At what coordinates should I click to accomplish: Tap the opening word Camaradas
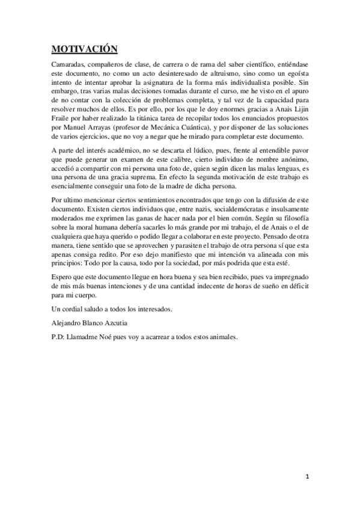pos(70,63)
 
